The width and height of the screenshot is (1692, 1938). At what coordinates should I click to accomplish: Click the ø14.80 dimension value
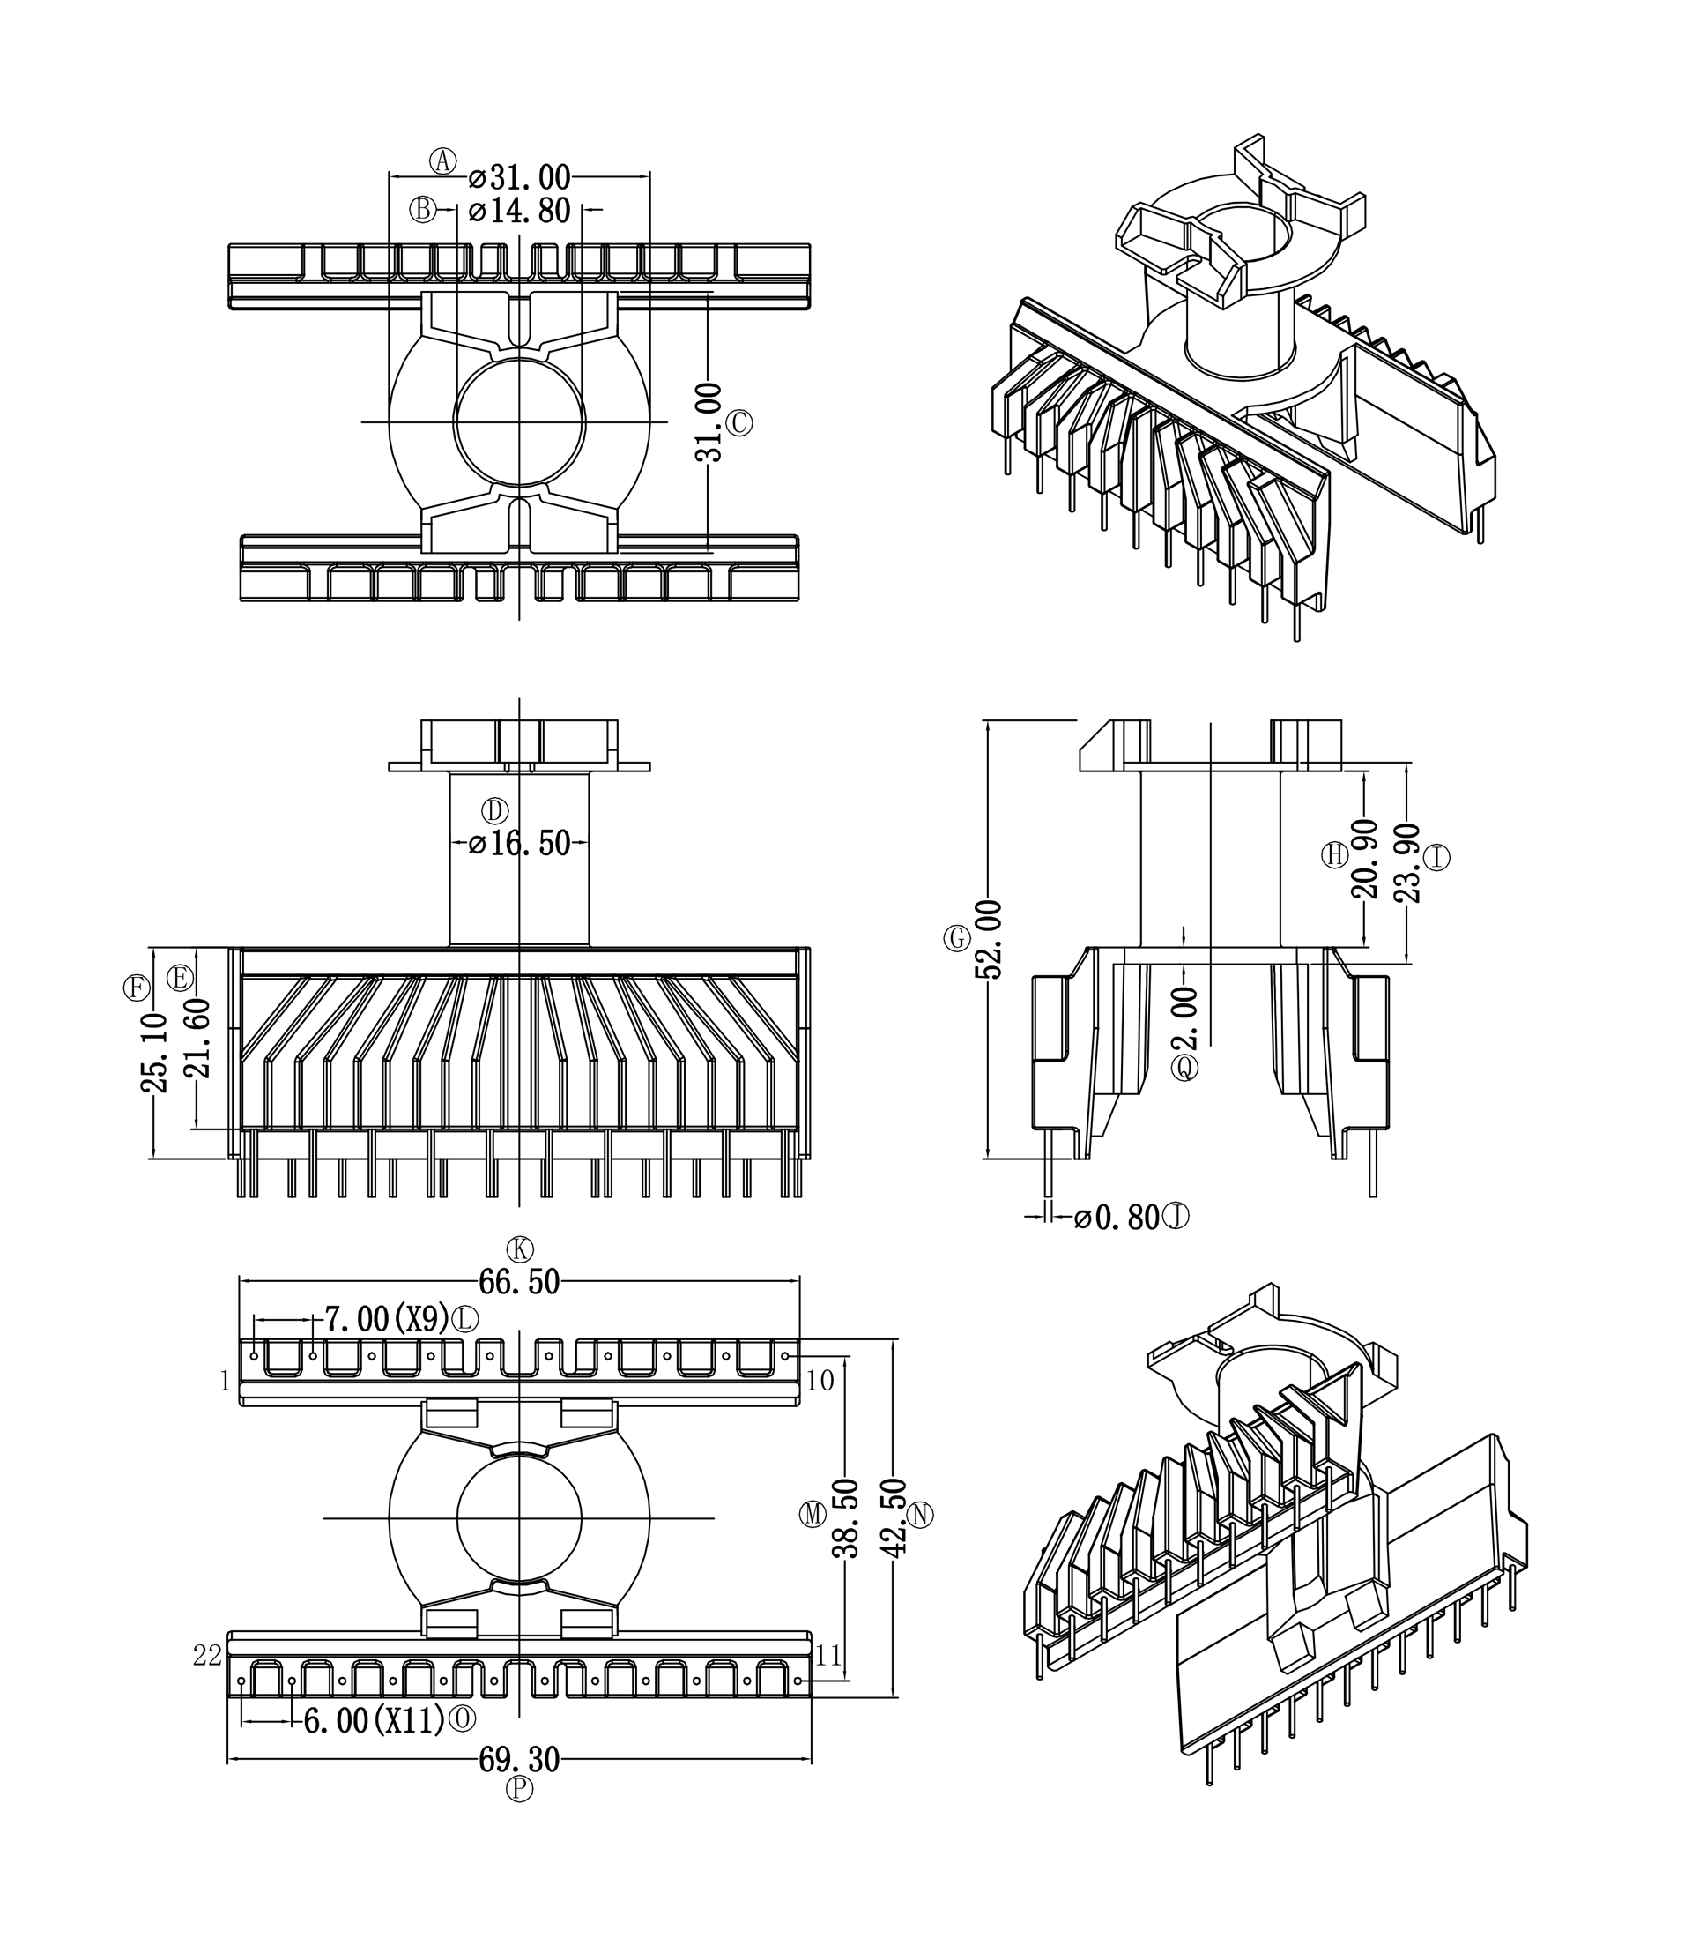[520, 211]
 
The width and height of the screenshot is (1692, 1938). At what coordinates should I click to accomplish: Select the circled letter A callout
[442, 161]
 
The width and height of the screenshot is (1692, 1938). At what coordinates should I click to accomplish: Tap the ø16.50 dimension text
[520, 844]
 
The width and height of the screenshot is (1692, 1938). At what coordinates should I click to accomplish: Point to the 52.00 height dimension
[989, 939]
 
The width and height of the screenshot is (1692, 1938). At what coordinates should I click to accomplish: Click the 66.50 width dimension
[519, 1282]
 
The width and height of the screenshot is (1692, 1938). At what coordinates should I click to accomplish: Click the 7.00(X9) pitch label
[387, 1318]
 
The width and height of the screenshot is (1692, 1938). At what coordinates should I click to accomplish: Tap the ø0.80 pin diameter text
[1118, 1219]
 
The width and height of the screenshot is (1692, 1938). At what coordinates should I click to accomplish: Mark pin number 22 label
[208, 1656]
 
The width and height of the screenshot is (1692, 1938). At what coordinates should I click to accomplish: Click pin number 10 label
[820, 1381]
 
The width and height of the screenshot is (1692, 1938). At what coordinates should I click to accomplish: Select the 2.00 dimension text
[1186, 1018]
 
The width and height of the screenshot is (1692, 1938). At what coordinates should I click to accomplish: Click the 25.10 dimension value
[155, 1052]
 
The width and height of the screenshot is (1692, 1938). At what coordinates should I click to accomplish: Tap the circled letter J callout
[1176, 1217]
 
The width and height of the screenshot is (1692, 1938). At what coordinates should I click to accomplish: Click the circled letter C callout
[739, 422]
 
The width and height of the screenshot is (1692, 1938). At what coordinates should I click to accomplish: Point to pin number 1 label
[225, 1382]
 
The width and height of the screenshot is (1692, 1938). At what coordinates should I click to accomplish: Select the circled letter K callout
[519, 1249]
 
